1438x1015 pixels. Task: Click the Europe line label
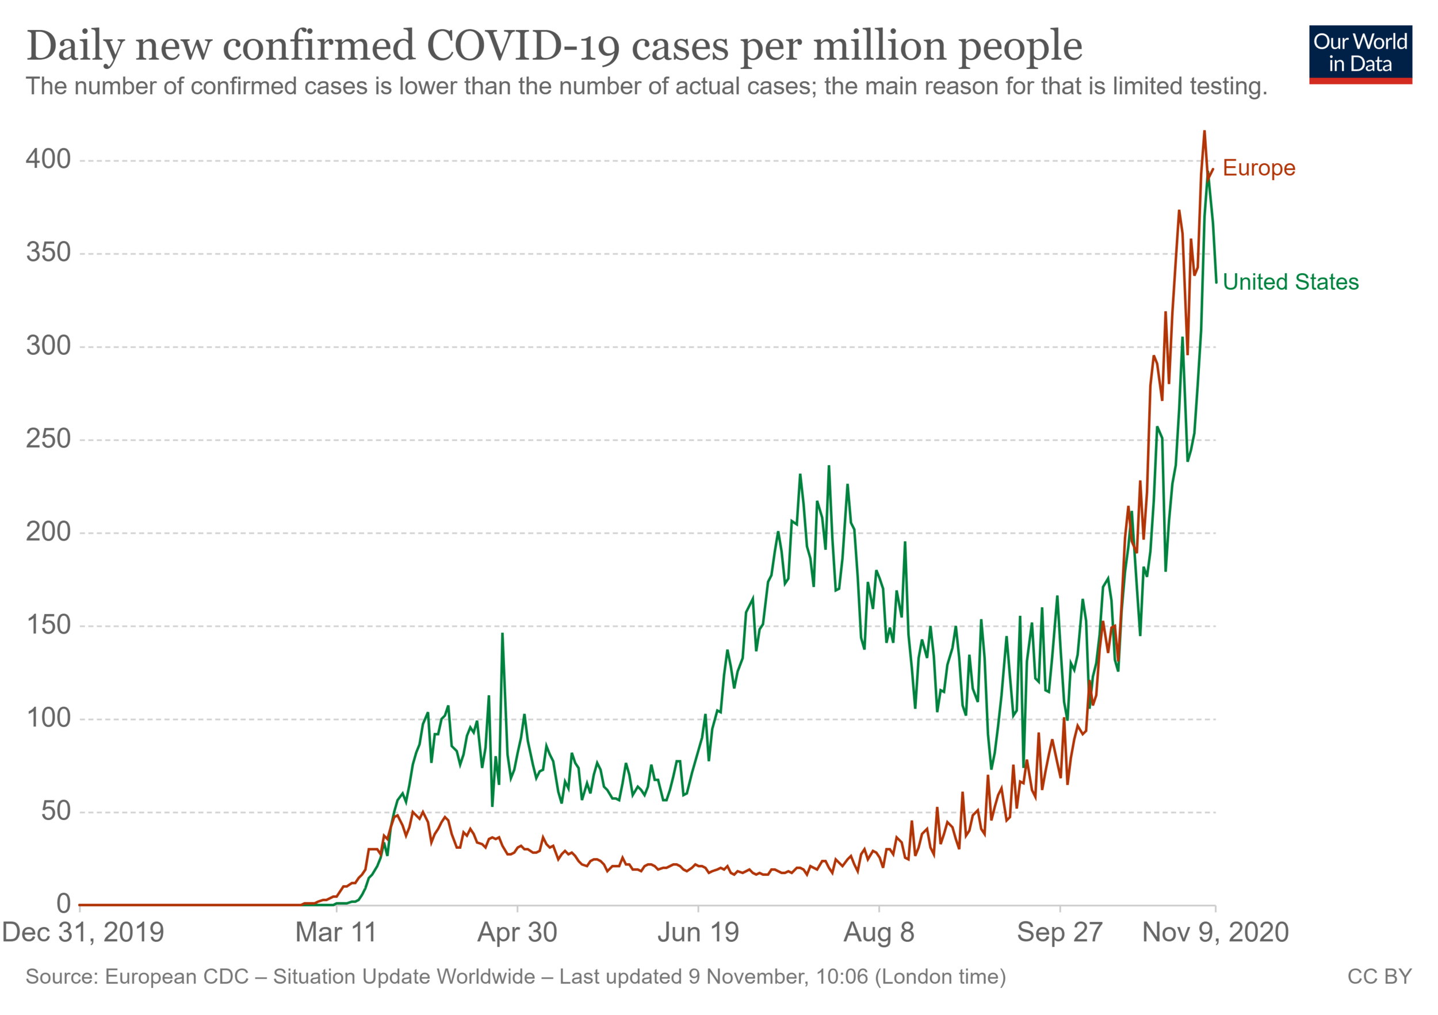coord(1259,168)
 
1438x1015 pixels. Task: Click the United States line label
coord(1290,282)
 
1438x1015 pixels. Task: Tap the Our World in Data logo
coord(1360,54)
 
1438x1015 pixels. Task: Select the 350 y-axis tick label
coord(48,252)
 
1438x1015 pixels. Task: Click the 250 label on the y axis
coord(48,439)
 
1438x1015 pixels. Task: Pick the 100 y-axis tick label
coord(48,718)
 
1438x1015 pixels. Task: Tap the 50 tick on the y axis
coord(56,811)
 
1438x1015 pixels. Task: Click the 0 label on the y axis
coord(63,904)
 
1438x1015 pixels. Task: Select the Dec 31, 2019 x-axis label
coord(83,932)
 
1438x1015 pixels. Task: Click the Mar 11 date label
coord(336,932)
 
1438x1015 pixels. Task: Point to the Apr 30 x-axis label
coord(517,932)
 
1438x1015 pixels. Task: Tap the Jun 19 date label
coord(698,932)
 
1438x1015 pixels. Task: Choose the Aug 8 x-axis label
coord(879,932)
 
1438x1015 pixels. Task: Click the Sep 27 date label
coord(1060,932)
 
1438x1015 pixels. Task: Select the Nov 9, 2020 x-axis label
coord(1215,932)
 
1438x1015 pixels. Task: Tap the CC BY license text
coord(1380,977)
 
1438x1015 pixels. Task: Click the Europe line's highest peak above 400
coord(1204,132)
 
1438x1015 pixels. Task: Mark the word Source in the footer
coord(60,977)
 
